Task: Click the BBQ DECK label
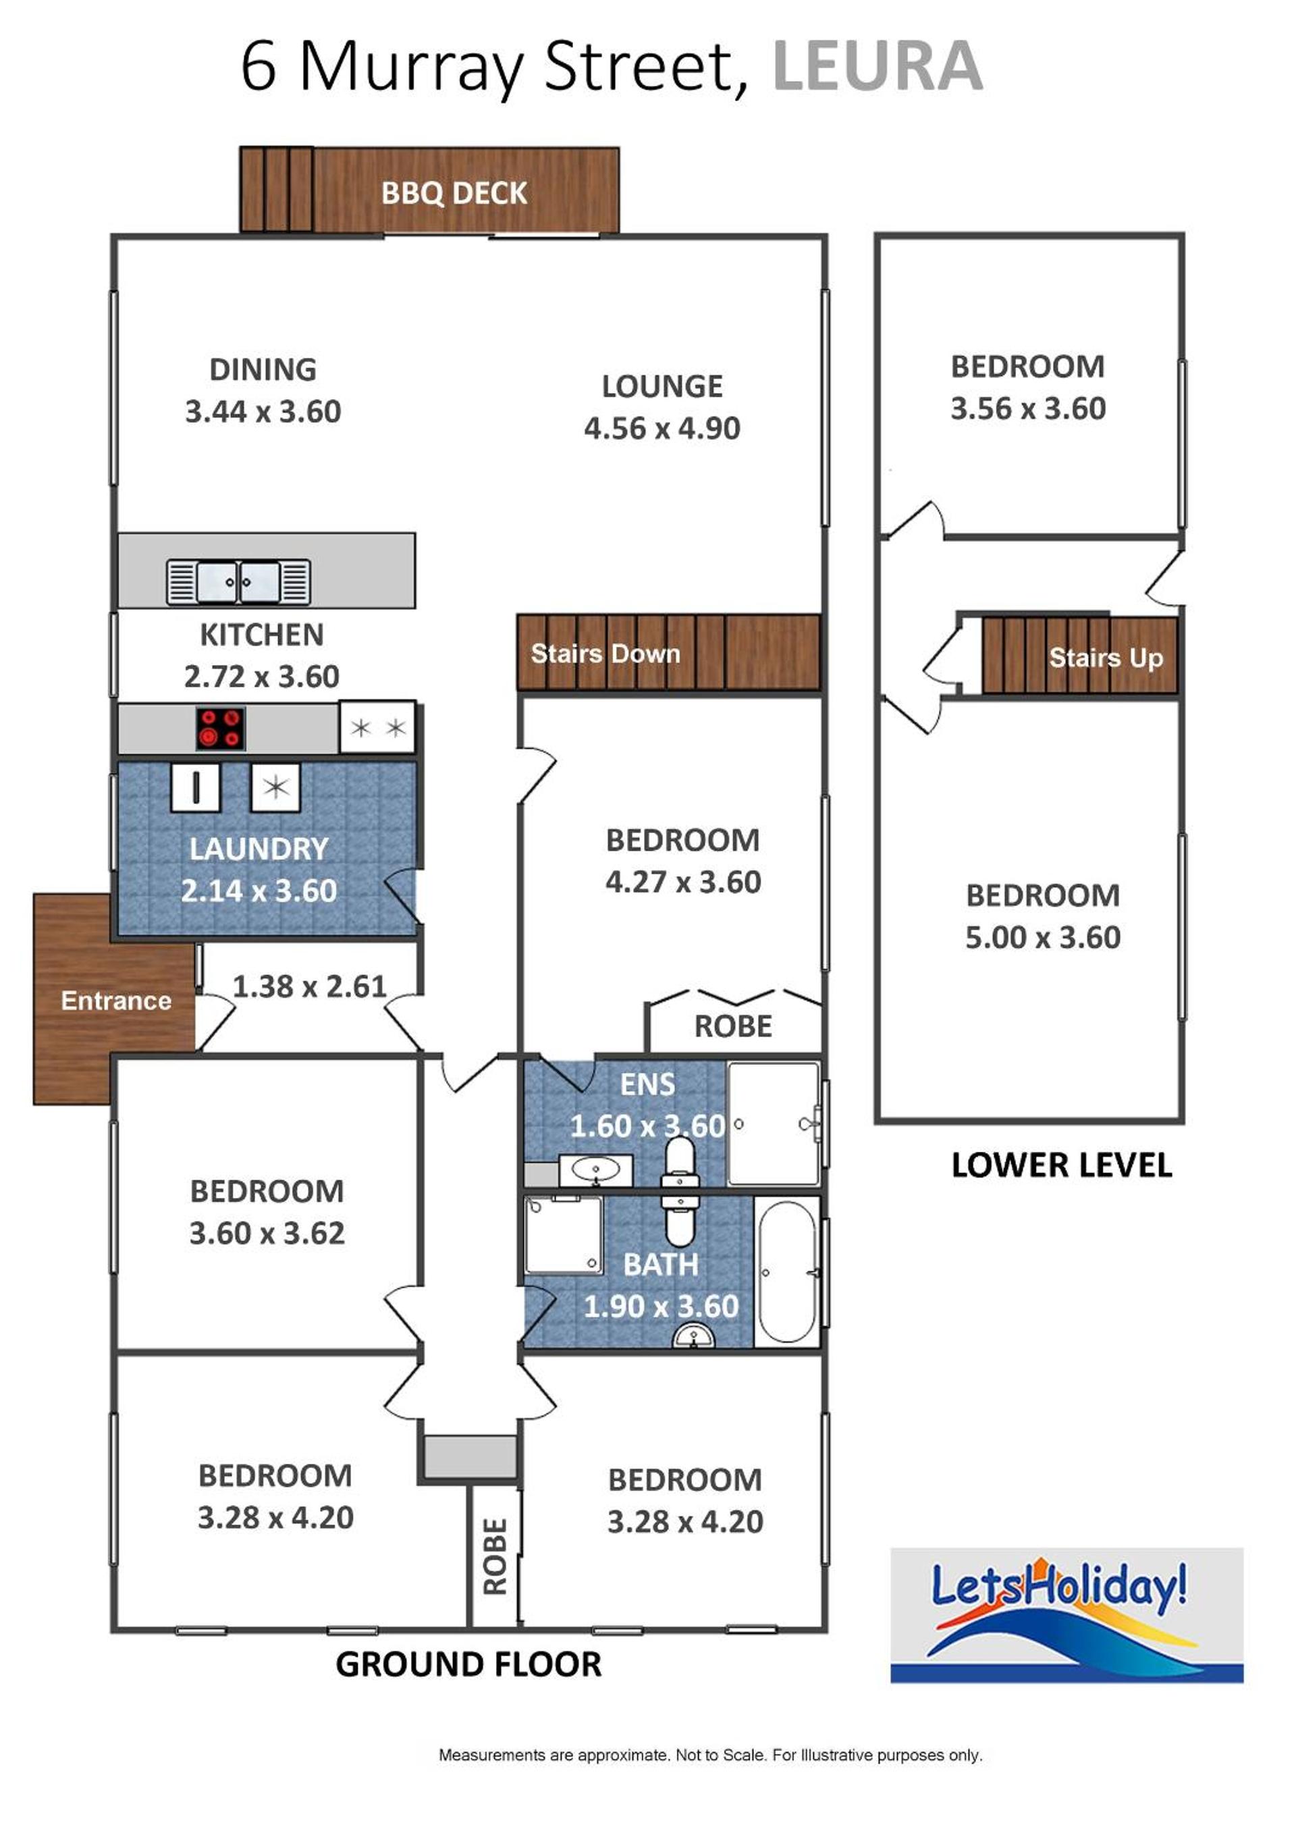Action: (x=454, y=193)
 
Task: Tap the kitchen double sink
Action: (x=238, y=581)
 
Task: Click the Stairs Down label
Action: (x=605, y=653)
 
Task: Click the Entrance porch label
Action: (x=117, y=1001)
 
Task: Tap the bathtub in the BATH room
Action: (x=788, y=1272)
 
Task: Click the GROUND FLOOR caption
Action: (x=468, y=1664)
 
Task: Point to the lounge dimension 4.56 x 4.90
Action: (x=662, y=429)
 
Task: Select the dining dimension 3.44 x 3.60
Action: (x=263, y=412)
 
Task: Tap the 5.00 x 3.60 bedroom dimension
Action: (x=1043, y=937)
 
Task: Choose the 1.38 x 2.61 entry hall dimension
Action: (x=310, y=986)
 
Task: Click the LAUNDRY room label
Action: (x=259, y=849)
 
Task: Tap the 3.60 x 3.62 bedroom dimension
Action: (x=267, y=1234)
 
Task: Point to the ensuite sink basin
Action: (x=595, y=1170)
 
